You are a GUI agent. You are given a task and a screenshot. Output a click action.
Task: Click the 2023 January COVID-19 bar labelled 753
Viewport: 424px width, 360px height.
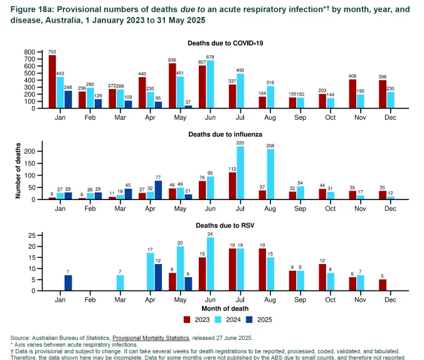pos(53,82)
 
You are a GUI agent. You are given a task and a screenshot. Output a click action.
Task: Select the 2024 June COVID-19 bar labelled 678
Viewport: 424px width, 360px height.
pos(210,84)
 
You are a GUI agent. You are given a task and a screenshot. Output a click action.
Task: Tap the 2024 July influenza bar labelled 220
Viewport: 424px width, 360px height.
pos(240,172)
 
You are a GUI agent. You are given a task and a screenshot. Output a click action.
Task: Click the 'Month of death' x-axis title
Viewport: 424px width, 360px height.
pos(224,309)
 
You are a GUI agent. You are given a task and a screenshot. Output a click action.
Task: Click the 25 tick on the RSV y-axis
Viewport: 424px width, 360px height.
pos(33,235)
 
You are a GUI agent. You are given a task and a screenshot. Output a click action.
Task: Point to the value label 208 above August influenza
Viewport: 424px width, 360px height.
pos(270,146)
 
